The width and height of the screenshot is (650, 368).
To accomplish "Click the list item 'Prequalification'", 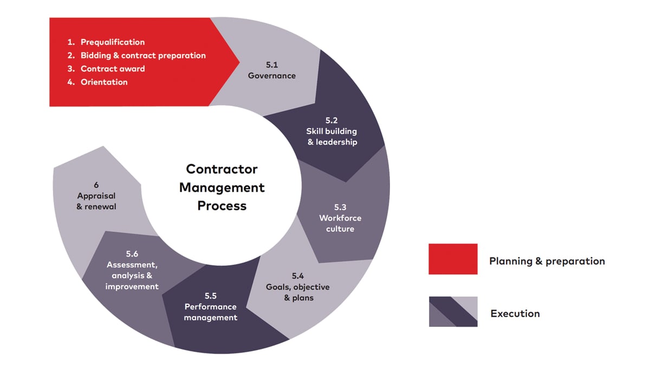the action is pyautogui.click(x=113, y=42).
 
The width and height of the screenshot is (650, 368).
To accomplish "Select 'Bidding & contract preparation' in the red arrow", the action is pyautogui.click(x=143, y=55).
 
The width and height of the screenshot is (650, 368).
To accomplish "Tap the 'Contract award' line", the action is pyautogui.click(x=113, y=69).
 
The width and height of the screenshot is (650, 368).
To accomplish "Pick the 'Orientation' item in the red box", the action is pyautogui.click(x=104, y=82).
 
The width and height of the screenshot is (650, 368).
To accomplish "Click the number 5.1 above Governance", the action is pyautogui.click(x=272, y=64).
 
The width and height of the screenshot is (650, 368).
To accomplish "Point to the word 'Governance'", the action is pyautogui.click(x=272, y=76).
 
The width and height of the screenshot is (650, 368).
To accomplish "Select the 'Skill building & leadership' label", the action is pyautogui.click(x=331, y=136).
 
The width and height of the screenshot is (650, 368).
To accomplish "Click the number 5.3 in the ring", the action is pyautogui.click(x=340, y=207).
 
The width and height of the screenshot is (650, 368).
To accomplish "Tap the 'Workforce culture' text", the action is pyautogui.click(x=340, y=224).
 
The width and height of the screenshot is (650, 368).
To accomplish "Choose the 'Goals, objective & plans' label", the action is pyautogui.click(x=298, y=292).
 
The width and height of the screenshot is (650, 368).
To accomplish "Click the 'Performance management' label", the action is pyautogui.click(x=211, y=312).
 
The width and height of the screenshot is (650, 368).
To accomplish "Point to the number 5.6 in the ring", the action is pyautogui.click(x=132, y=254).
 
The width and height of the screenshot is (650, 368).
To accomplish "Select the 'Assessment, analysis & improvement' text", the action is pyautogui.click(x=132, y=275).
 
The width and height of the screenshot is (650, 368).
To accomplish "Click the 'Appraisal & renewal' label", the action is pyautogui.click(x=96, y=201).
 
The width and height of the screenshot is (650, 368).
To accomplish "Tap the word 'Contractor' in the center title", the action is pyautogui.click(x=222, y=169).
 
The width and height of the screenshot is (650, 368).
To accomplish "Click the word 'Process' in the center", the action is pyautogui.click(x=222, y=206).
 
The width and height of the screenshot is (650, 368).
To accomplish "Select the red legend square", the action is pyautogui.click(x=453, y=259).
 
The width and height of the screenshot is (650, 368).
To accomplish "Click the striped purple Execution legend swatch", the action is pyautogui.click(x=453, y=312).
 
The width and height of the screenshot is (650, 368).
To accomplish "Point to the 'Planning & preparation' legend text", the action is pyautogui.click(x=547, y=261).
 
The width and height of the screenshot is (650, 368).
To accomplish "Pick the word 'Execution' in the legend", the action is pyautogui.click(x=515, y=313).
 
